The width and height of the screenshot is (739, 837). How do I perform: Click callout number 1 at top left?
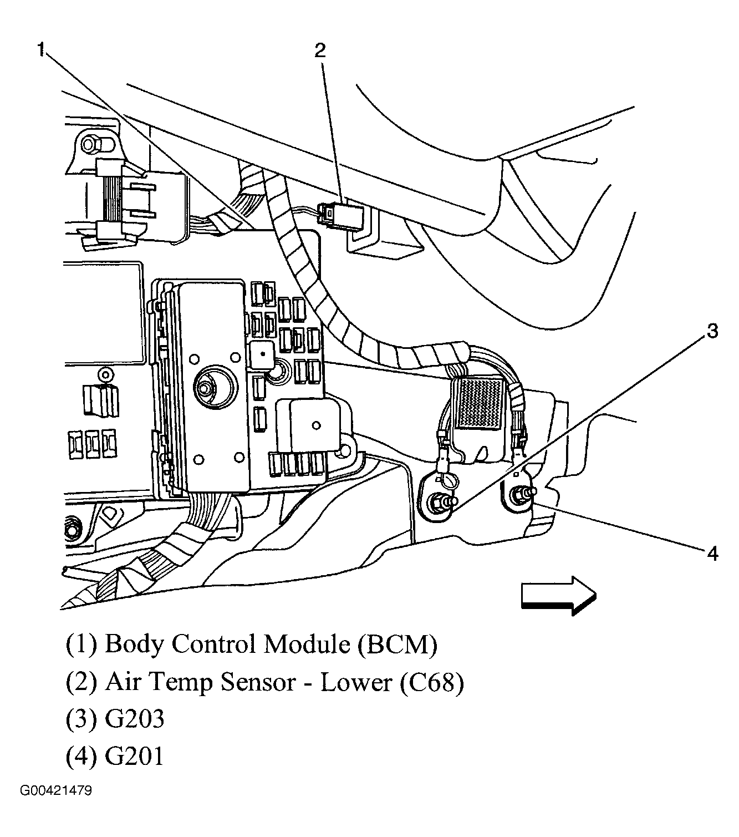pos(40,49)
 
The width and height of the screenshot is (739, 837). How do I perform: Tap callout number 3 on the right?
pos(711,331)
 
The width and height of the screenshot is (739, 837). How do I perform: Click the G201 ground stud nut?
pos(521,493)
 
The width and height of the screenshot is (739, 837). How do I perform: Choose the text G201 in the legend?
pos(134,757)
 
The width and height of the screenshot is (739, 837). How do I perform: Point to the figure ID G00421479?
pos(56,790)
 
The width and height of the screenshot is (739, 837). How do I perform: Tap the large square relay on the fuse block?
pos(311,426)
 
